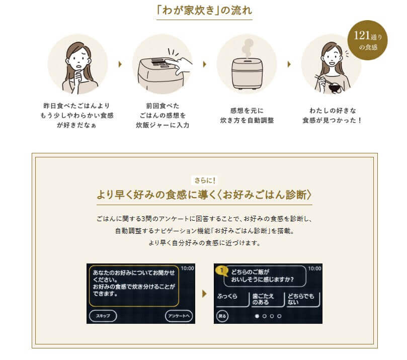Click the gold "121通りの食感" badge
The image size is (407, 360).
pyautogui.click(x=367, y=40)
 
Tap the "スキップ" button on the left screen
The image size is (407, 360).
pyautogui.click(x=103, y=316)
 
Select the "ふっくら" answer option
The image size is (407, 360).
pyautogui.click(x=231, y=299)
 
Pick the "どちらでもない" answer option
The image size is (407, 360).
pyautogui.click(x=303, y=299)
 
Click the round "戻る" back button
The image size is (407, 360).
pyautogui.click(x=222, y=316)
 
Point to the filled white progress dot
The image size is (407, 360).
pyautogui.click(x=257, y=316)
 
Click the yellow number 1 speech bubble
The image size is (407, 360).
pyautogui.click(x=221, y=271)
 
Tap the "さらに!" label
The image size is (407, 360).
pyautogui.click(x=205, y=181)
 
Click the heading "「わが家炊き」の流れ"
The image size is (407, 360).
pyautogui.click(x=204, y=11)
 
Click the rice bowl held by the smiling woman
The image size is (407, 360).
pyautogui.click(x=335, y=87)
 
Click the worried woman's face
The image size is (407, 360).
pyautogui.click(x=79, y=59)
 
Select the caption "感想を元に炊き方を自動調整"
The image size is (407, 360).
pyautogui.click(x=247, y=116)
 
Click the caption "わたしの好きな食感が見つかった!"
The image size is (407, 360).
pyautogui.click(x=332, y=116)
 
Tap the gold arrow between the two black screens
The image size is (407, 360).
pyautogui.click(x=205, y=294)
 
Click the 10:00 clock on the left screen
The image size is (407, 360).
pyautogui.click(x=187, y=268)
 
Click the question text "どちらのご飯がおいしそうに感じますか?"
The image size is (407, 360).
pyautogui.click(x=262, y=276)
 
